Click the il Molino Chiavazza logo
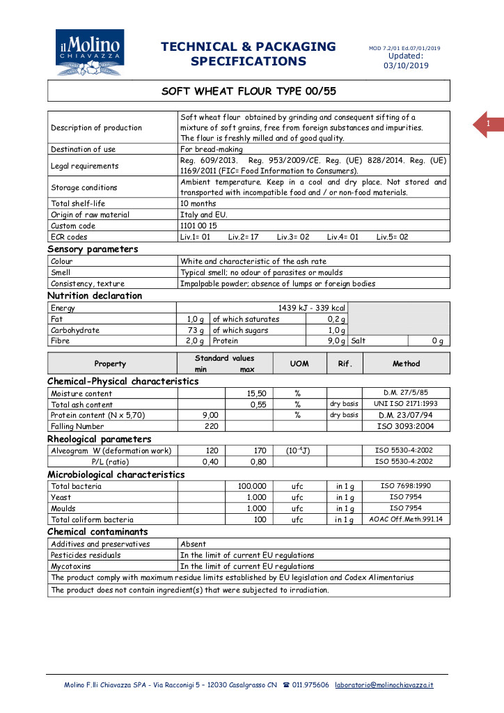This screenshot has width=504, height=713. (90, 53)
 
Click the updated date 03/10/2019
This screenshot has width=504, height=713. (406, 65)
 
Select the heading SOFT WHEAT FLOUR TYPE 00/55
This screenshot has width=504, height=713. (249, 91)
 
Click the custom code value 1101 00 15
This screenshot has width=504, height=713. (199, 226)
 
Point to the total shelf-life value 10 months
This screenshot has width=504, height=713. (198, 203)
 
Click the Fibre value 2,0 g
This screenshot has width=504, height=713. (194, 341)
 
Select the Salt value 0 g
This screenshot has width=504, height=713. (438, 341)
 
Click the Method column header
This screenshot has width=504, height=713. (406, 363)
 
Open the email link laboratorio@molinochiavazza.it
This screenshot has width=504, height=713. (384, 685)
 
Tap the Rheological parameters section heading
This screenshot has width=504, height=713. (99, 439)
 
